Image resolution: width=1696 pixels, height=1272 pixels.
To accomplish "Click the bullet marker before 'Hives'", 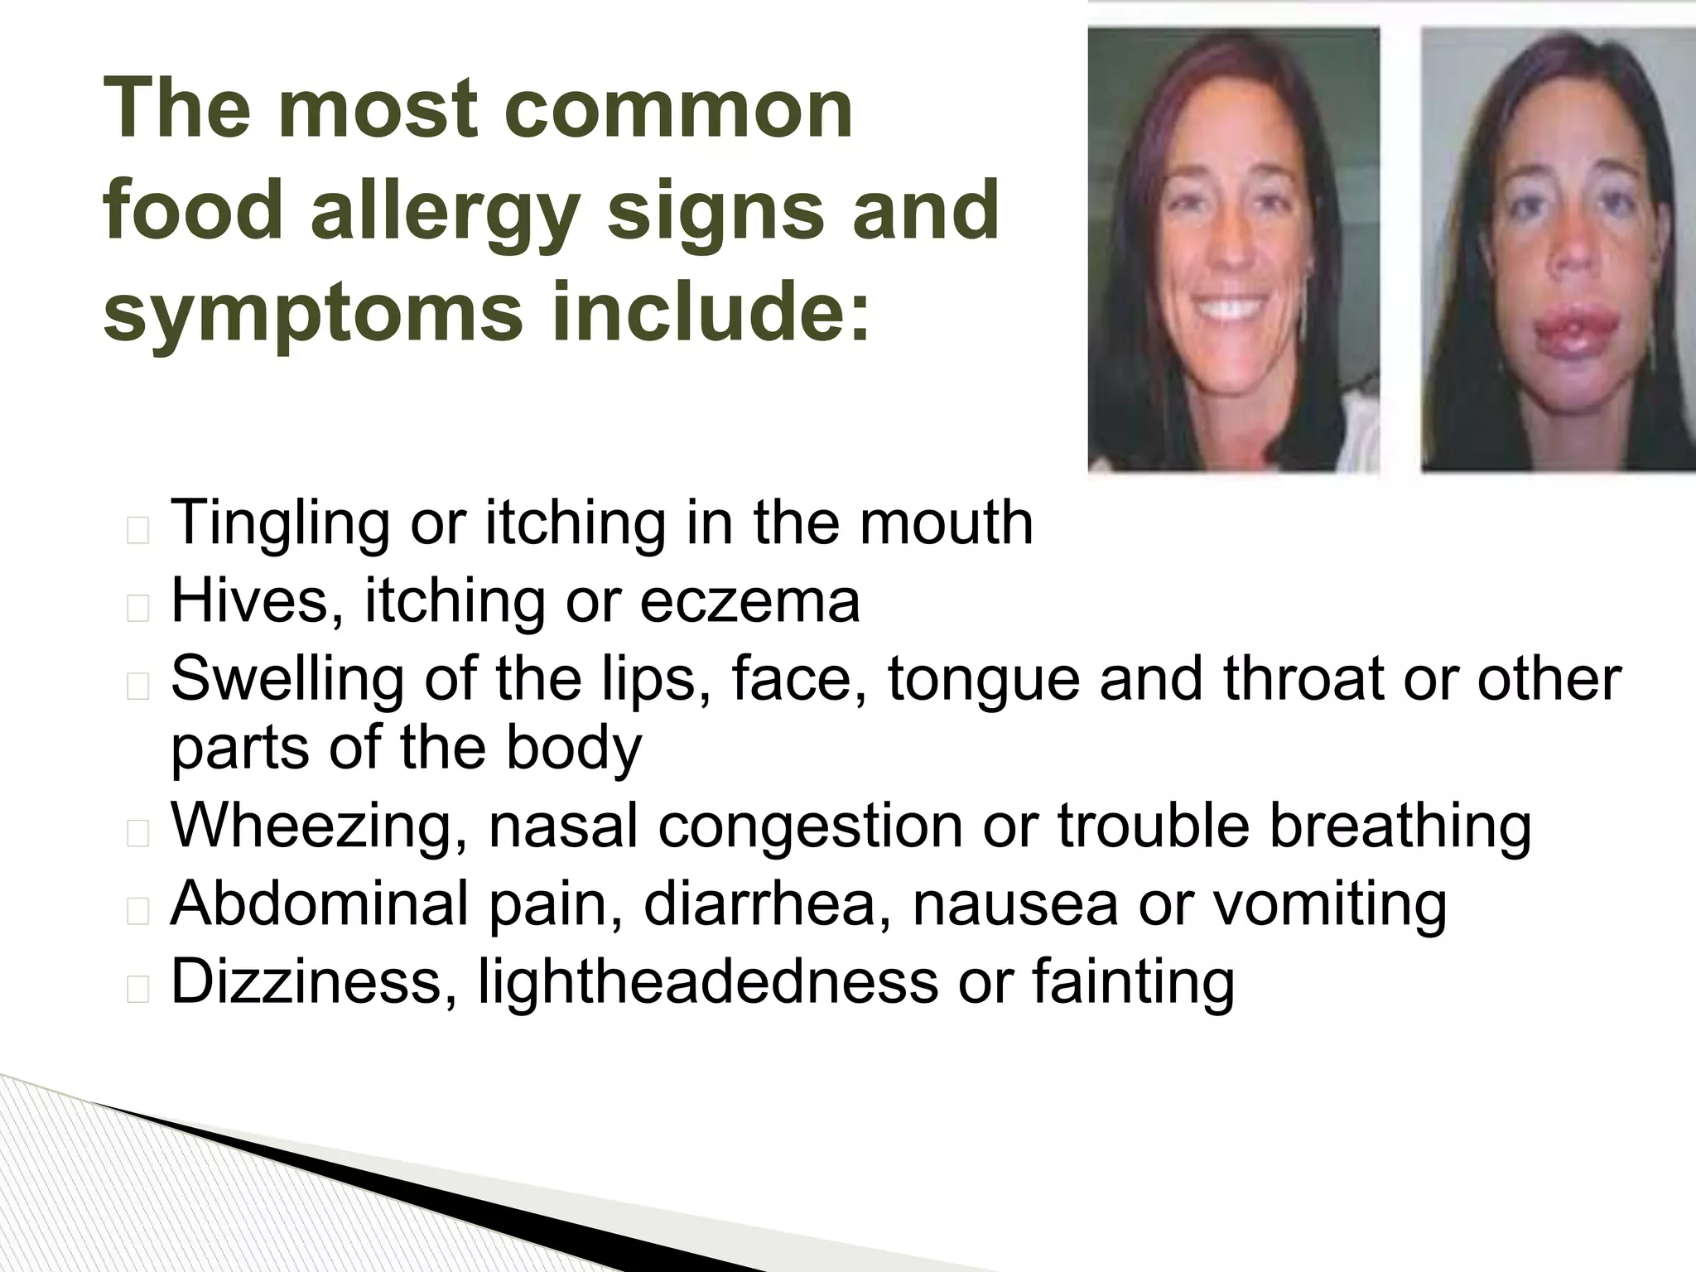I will point(138,609).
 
